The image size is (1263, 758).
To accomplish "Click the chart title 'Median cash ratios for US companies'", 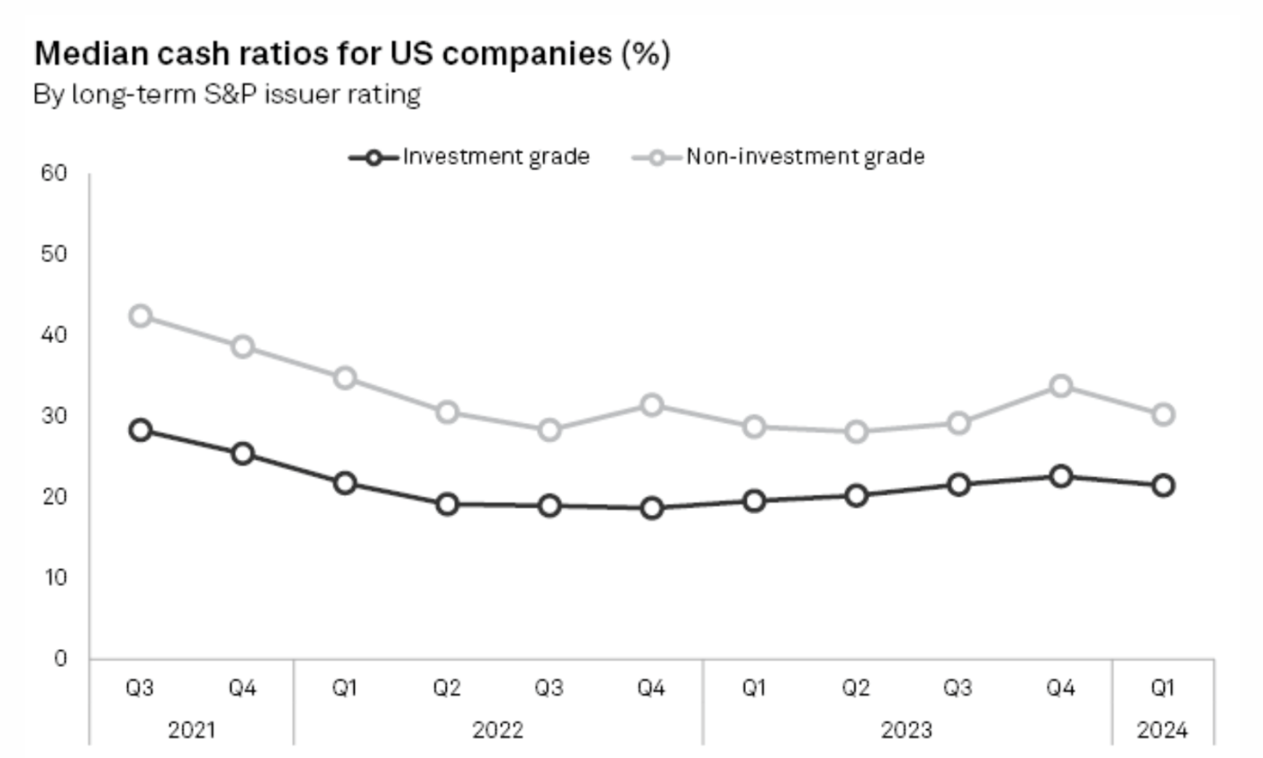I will pyautogui.click(x=351, y=54).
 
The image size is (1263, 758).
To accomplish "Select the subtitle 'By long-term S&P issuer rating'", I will pyautogui.click(x=226, y=94).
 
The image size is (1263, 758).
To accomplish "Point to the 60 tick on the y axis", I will pyautogui.click(x=54, y=173).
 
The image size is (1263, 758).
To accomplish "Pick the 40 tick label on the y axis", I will pyautogui.click(x=54, y=334).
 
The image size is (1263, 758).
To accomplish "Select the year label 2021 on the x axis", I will pyautogui.click(x=191, y=729).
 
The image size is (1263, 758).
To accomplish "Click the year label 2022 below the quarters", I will pyautogui.click(x=498, y=729).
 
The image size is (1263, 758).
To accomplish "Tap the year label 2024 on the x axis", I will pyautogui.click(x=1162, y=729).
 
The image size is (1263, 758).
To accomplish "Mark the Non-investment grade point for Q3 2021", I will pyautogui.click(x=140, y=316).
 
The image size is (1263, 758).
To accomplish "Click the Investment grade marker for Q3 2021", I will pyautogui.click(x=140, y=430).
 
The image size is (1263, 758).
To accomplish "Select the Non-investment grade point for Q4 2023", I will pyautogui.click(x=1060, y=386).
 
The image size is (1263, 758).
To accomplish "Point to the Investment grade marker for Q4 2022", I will pyautogui.click(x=651, y=508).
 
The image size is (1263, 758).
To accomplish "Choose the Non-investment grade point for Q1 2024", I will pyautogui.click(x=1163, y=414).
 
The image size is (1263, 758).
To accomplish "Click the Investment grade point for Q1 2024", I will pyautogui.click(x=1163, y=485).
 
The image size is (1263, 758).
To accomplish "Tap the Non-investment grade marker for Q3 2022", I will pyautogui.click(x=549, y=430).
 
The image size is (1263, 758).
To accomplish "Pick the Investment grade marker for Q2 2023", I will pyautogui.click(x=856, y=496).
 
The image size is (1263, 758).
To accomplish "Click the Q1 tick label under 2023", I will pyautogui.click(x=753, y=688).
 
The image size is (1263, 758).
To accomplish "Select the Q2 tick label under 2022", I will pyautogui.click(x=447, y=688).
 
